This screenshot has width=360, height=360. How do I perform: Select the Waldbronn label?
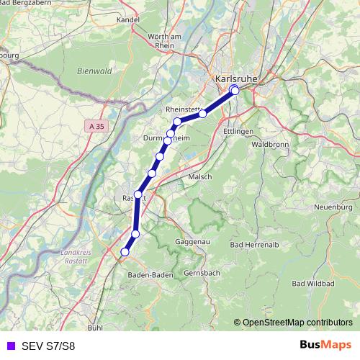(269, 144)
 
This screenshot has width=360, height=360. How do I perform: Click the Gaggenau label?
(192, 243)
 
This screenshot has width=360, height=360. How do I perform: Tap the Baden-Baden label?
(149, 275)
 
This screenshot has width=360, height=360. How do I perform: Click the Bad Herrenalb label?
(252, 245)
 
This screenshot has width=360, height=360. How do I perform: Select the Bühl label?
(94, 328)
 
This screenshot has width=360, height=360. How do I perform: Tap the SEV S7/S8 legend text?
(48, 346)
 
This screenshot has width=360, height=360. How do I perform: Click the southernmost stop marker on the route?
(125, 252)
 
